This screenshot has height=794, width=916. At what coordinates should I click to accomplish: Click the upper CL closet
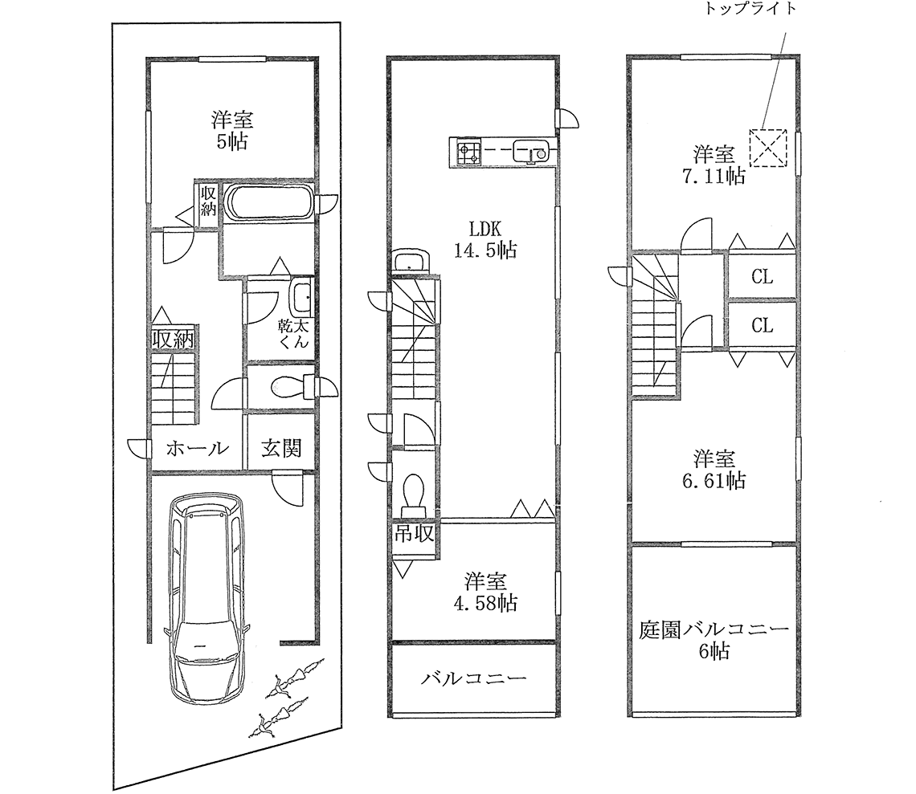(x=762, y=278)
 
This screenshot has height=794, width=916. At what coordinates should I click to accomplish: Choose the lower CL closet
(x=762, y=325)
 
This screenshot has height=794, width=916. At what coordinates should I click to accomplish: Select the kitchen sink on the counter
(x=532, y=151)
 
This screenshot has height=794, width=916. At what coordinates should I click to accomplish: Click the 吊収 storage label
(x=413, y=533)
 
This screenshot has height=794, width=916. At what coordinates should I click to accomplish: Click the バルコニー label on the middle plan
(x=473, y=679)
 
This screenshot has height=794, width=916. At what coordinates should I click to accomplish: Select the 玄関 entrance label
(x=280, y=448)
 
